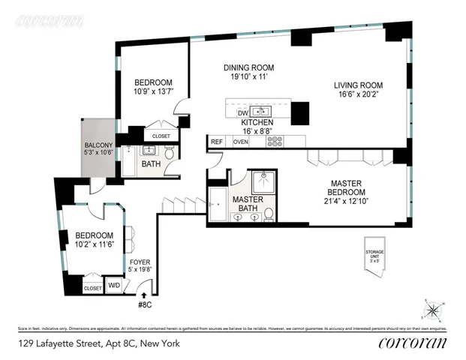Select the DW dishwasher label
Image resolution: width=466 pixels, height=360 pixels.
[x=242, y=112]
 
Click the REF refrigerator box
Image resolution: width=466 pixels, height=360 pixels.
[x=217, y=141]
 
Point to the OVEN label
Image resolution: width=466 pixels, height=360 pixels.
[x=240, y=141]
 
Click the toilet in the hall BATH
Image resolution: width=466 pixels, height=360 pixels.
[x=170, y=153]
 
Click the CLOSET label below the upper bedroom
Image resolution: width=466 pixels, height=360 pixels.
[x=161, y=136]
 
